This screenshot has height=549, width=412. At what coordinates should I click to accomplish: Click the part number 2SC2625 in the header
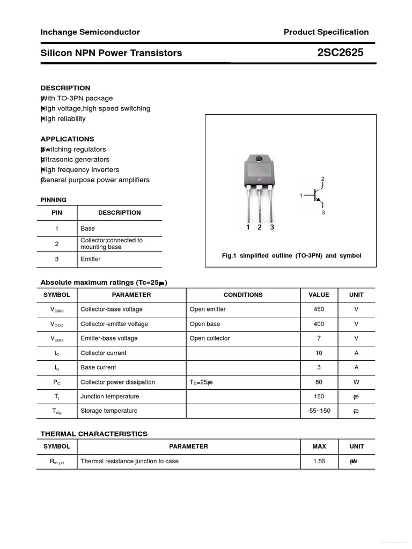tap(340, 53)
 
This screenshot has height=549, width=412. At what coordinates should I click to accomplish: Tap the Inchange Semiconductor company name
tap(90, 32)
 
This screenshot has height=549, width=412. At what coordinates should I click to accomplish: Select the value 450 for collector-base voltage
tap(319, 309)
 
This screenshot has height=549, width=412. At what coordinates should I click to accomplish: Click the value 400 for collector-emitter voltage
tap(319, 324)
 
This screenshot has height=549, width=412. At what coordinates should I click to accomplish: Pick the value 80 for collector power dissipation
tap(319, 382)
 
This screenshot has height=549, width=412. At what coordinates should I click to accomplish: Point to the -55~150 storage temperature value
tap(319, 411)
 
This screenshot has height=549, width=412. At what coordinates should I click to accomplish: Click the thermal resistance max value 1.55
tap(319, 461)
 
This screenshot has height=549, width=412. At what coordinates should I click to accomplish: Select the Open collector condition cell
tap(210, 338)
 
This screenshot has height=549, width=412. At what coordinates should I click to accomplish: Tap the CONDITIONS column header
tap(243, 295)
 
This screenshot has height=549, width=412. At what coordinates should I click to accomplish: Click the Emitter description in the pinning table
tap(91, 259)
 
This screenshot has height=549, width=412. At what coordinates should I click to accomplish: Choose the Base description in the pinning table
tap(87, 228)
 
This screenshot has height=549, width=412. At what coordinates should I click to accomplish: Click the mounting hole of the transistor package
tap(259, 159)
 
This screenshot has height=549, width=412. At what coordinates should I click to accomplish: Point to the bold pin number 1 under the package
tap(248, 227)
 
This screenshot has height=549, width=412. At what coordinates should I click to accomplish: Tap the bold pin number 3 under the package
tap(272, 227)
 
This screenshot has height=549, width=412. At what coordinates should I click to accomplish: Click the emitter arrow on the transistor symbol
tap(319, 201)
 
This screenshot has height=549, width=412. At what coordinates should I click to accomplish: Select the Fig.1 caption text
tap(291, 256)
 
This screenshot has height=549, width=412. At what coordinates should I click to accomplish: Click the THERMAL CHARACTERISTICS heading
tap(94, 434)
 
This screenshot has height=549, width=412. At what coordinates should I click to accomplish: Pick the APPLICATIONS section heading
tap(67, 139)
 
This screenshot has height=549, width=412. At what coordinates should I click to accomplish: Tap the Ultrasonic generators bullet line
tap(75, 160)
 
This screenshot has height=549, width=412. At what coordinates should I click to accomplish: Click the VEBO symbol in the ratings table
tap(57, 339)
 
